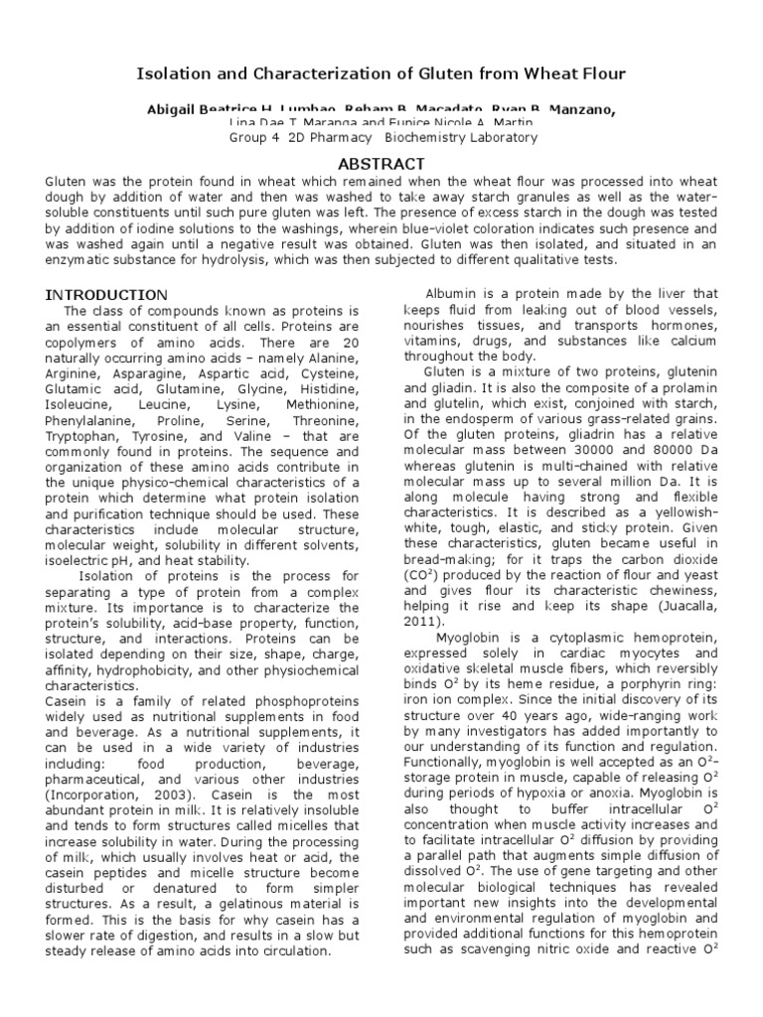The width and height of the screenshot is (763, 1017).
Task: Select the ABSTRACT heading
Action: (381, 164)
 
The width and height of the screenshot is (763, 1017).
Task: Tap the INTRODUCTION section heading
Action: (108, 295)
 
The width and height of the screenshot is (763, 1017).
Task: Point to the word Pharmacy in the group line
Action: (341, 138)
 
